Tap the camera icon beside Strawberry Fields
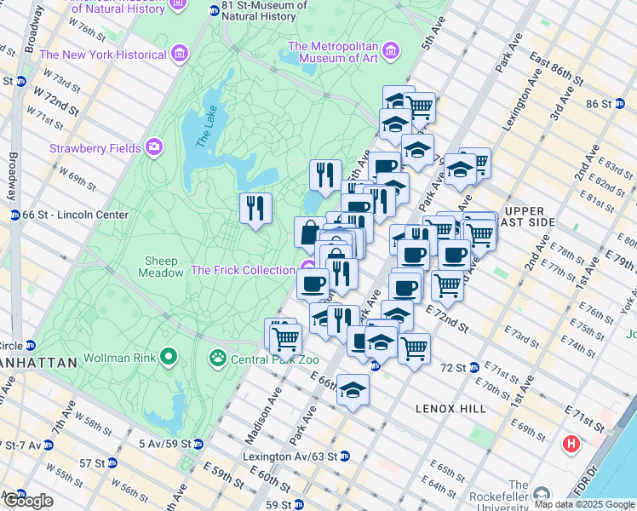coord(154,147)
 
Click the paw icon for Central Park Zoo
coord(217,357)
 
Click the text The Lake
coord(203,130)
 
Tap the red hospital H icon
coord(571,444)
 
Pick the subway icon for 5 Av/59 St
coord(198,444)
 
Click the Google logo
coord(27,501)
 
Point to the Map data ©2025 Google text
coord(584,504)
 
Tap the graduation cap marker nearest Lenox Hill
coord(353,391)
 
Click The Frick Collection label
coord(242,270)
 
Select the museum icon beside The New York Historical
coord(178,55)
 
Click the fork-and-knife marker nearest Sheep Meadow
coord(255,208)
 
